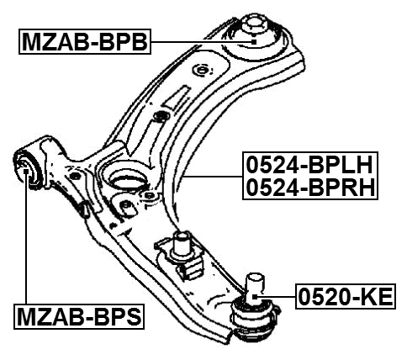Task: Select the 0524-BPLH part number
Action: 309,163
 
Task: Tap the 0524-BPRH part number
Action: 309,188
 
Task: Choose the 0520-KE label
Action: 345,295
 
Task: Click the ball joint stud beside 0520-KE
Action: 254,281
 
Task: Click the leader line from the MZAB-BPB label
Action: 202,40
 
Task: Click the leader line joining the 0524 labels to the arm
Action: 214,176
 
